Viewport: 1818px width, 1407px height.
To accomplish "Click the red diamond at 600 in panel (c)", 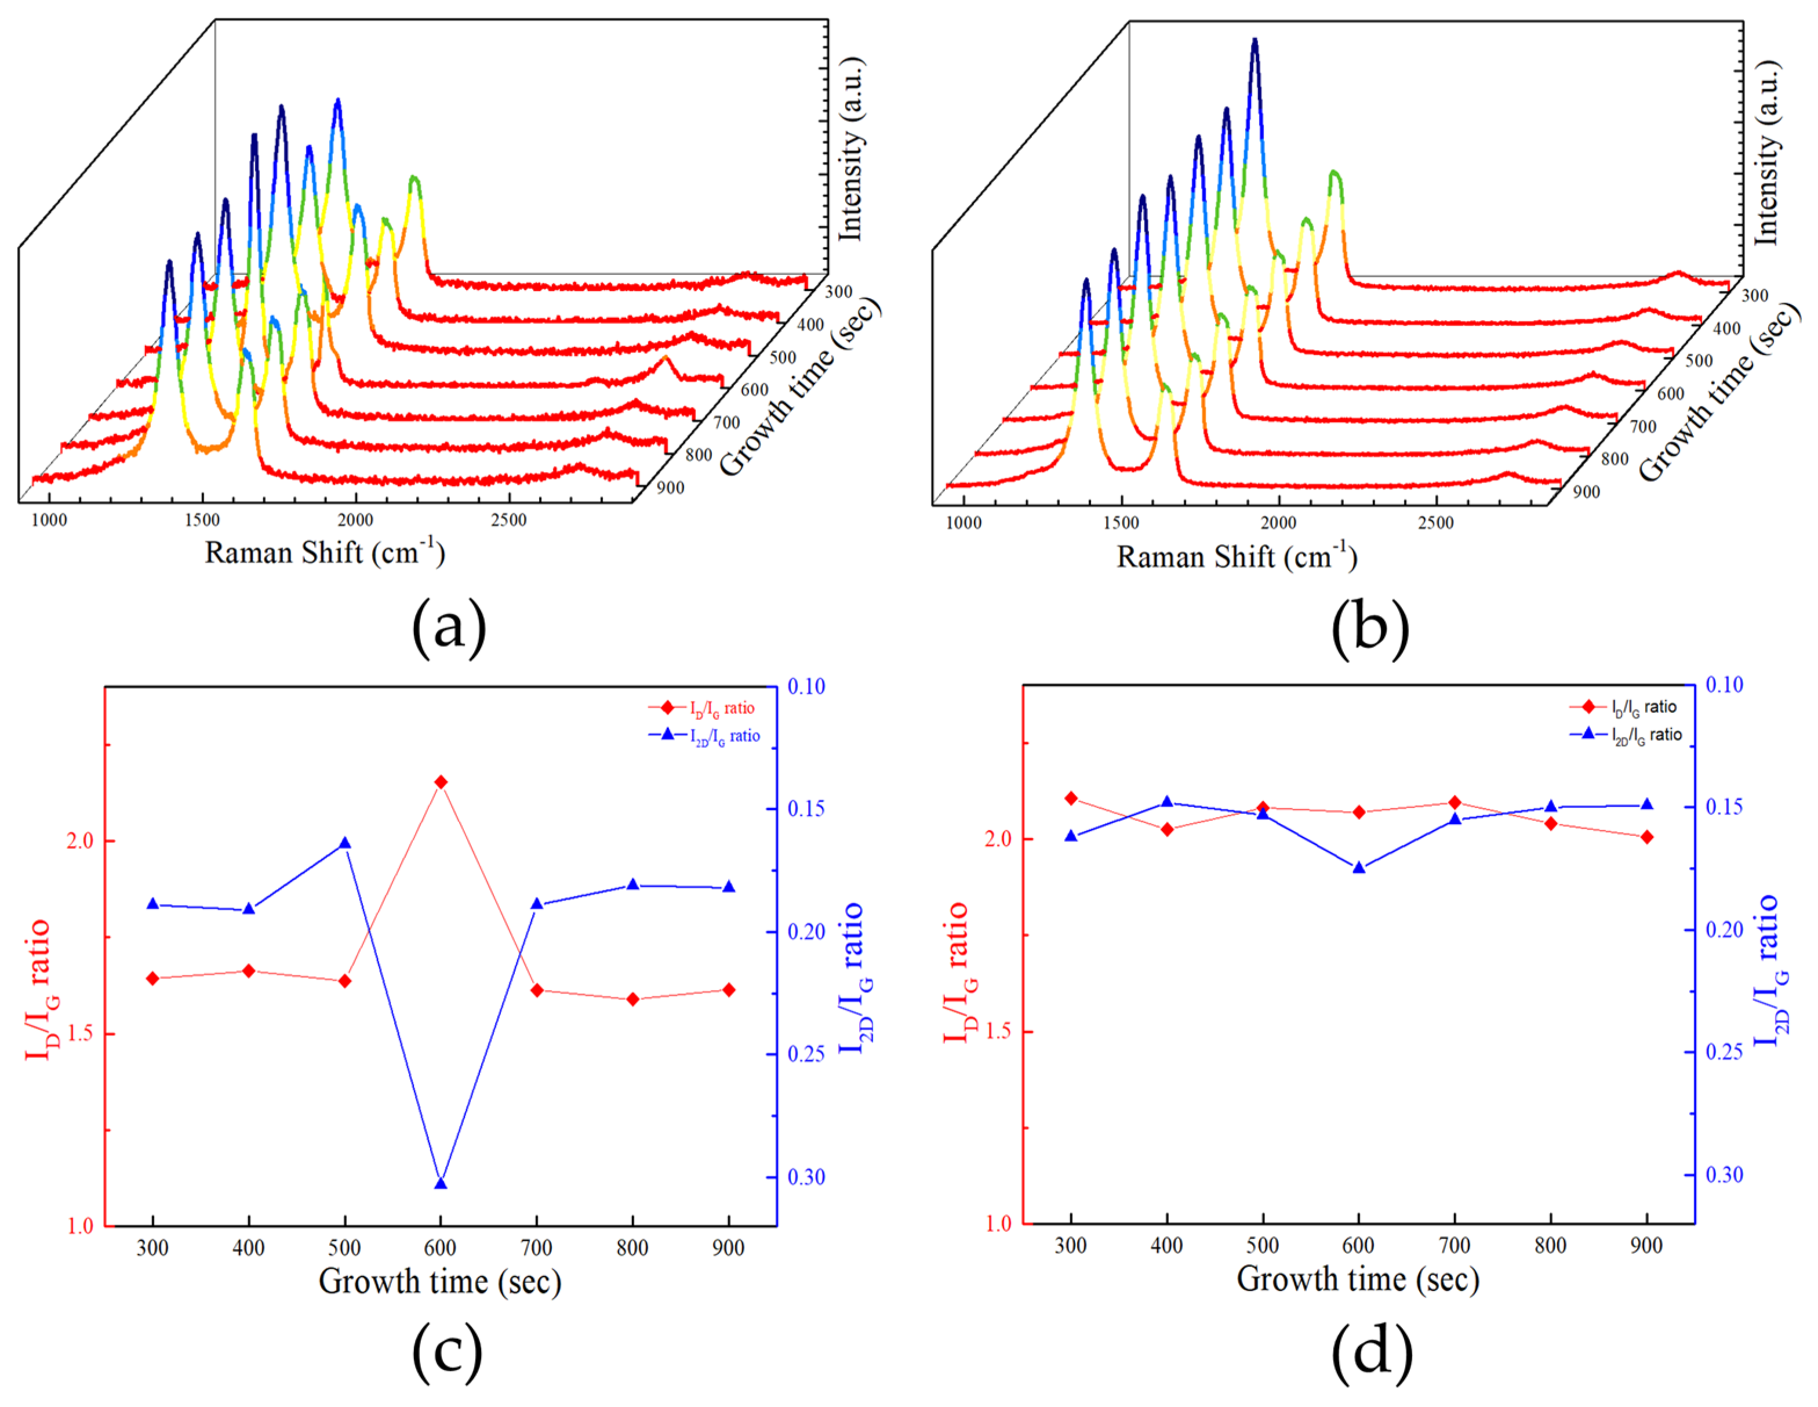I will (x=441, y=782).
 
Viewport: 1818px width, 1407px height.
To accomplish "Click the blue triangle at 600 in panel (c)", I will (x=441, y=1183).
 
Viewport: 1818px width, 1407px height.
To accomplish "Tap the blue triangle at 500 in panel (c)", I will (x=344, y=843).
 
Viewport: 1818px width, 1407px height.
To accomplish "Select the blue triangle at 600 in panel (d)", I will (x=1358, y=868).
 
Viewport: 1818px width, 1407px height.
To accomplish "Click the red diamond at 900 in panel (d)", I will (x=1646, y=837).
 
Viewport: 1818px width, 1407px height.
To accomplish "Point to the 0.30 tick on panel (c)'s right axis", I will (x=806, y=1176).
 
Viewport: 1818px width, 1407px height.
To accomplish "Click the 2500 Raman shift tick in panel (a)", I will (x=508, y=520).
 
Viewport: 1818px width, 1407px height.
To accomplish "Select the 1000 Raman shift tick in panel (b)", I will (x=964, y=523).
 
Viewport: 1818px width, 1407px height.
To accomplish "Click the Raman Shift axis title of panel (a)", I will (x=325, y=552).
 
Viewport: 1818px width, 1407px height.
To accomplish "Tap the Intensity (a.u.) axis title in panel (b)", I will (x=1766, y=154).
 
